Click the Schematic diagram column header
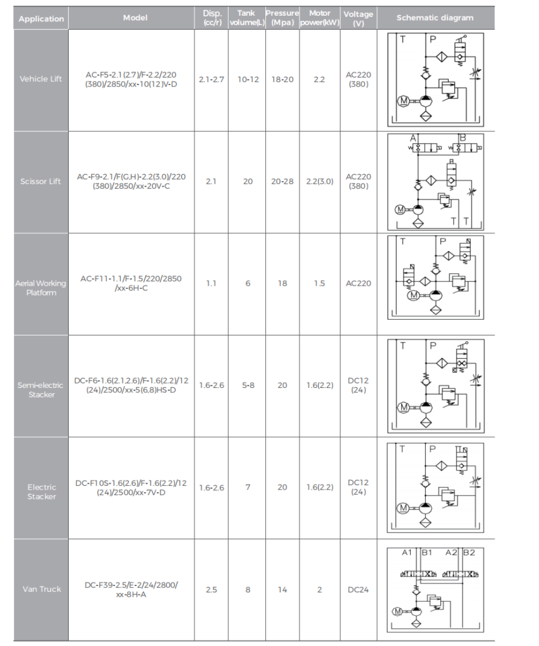tap(435, 18)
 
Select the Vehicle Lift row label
tap(40, 79)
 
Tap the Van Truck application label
tap(41, 589)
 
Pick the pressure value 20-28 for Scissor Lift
tap(282, 181)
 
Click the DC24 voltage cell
tap(358, 590)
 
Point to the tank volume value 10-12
tap(248, 79)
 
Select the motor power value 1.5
tap(319, 283)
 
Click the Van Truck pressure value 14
tap(282, 590)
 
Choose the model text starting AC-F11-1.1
tap(131, 283)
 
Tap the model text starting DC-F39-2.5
tap(131, 590)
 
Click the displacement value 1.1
tap(211, 283)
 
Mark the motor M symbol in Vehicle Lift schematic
tap(403, 100)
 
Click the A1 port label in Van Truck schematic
tap(407, 553)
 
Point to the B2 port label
tap(469, 553)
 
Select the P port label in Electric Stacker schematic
tap(432, 449)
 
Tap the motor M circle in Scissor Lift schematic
tap(400, 209)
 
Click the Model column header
tap(135, 18)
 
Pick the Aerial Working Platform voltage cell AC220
tap(358, 283)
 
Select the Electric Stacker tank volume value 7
tap(248, 488)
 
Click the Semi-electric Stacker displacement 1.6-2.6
tap(211, 385)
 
